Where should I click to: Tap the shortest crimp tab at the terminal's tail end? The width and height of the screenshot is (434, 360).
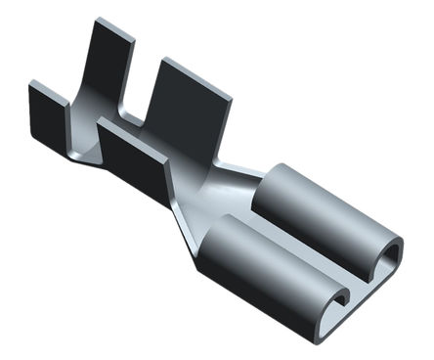(x=47, y=112)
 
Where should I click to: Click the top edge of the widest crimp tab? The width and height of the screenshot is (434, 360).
(x=195, y=76)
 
